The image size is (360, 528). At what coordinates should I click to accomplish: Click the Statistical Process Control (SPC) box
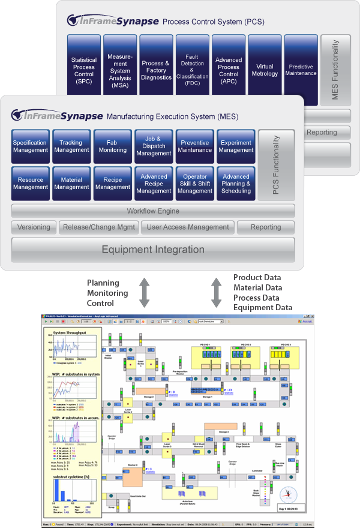[x=84, y=70]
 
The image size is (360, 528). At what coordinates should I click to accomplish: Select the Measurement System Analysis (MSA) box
[x=120, y=70]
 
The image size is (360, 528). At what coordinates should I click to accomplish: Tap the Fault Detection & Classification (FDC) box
[x=192, y=70]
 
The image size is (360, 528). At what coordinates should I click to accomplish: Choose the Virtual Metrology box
[x=265, y=70]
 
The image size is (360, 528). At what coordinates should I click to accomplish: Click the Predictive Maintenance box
[x=301, y=70]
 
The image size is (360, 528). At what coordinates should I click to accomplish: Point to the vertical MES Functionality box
[x=335, y=70]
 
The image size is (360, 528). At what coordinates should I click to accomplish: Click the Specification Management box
[x=30, y=146]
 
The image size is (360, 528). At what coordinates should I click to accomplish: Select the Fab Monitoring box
[x=113, y=146]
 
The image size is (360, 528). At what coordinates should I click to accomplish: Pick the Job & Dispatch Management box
[x=154, y=146]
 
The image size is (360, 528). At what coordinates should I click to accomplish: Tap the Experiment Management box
[x=236, y=146]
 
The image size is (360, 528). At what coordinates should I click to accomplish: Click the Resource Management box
[x=30, y=183]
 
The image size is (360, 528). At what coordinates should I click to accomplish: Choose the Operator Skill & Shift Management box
[x=195, y=183]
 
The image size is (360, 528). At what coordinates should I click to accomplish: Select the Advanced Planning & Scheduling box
[x=236, y=183]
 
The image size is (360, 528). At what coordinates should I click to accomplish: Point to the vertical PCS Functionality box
[x=277, y=165]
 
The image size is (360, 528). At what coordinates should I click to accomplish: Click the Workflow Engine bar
[x=153, y=211]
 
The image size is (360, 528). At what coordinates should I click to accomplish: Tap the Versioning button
[x=34, y=227]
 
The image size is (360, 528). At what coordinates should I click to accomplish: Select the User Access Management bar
[x=188, y=227]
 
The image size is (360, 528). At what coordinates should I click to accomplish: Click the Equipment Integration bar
[x=153, y=250]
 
